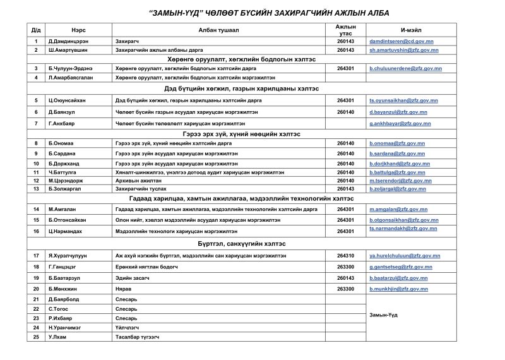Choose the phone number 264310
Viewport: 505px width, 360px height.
(346, 255)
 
